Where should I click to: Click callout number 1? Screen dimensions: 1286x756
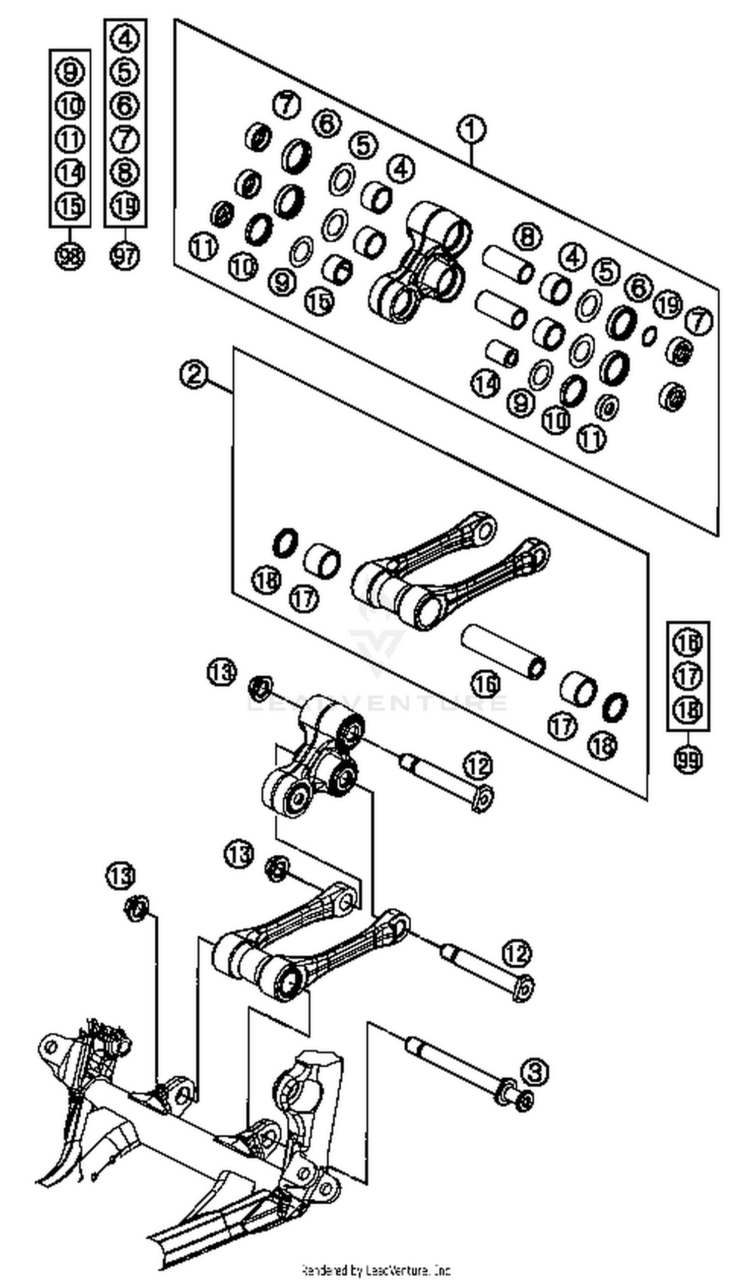[x=471, y=130]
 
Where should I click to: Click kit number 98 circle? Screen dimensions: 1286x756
[x=70, y=256]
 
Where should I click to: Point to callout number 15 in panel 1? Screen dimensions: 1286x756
[x=319, y=301]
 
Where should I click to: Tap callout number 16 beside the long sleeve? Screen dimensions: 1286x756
[x=485, y=684]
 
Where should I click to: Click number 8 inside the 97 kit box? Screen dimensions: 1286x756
[x=125, y=172]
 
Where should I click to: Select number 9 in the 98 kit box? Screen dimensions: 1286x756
[x=70, y=72]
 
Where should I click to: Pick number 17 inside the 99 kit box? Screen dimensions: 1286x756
[x=688, y=676]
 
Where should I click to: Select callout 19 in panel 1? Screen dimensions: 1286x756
[x=668, y=305]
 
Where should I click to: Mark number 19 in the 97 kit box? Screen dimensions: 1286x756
[x=125, y=206]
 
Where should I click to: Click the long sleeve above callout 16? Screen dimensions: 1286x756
[x=503, y=652]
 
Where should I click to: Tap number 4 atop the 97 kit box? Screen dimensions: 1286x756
[x=125, y=39]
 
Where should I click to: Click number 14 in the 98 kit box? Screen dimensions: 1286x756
[x=70, y=172]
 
